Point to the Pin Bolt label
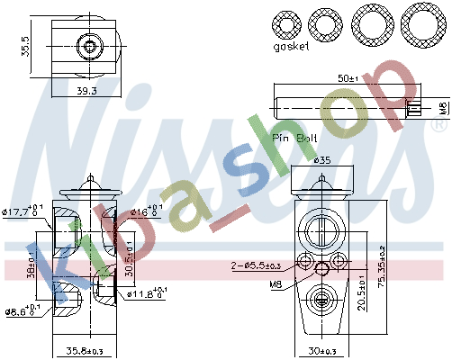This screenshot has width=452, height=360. point(294,138)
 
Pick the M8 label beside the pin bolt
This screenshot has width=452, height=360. point(441,108)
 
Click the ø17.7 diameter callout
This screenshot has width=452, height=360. point(23,211)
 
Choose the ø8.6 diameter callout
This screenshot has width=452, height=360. point(22,311)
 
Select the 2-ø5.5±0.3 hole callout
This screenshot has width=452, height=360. point(256,265)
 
